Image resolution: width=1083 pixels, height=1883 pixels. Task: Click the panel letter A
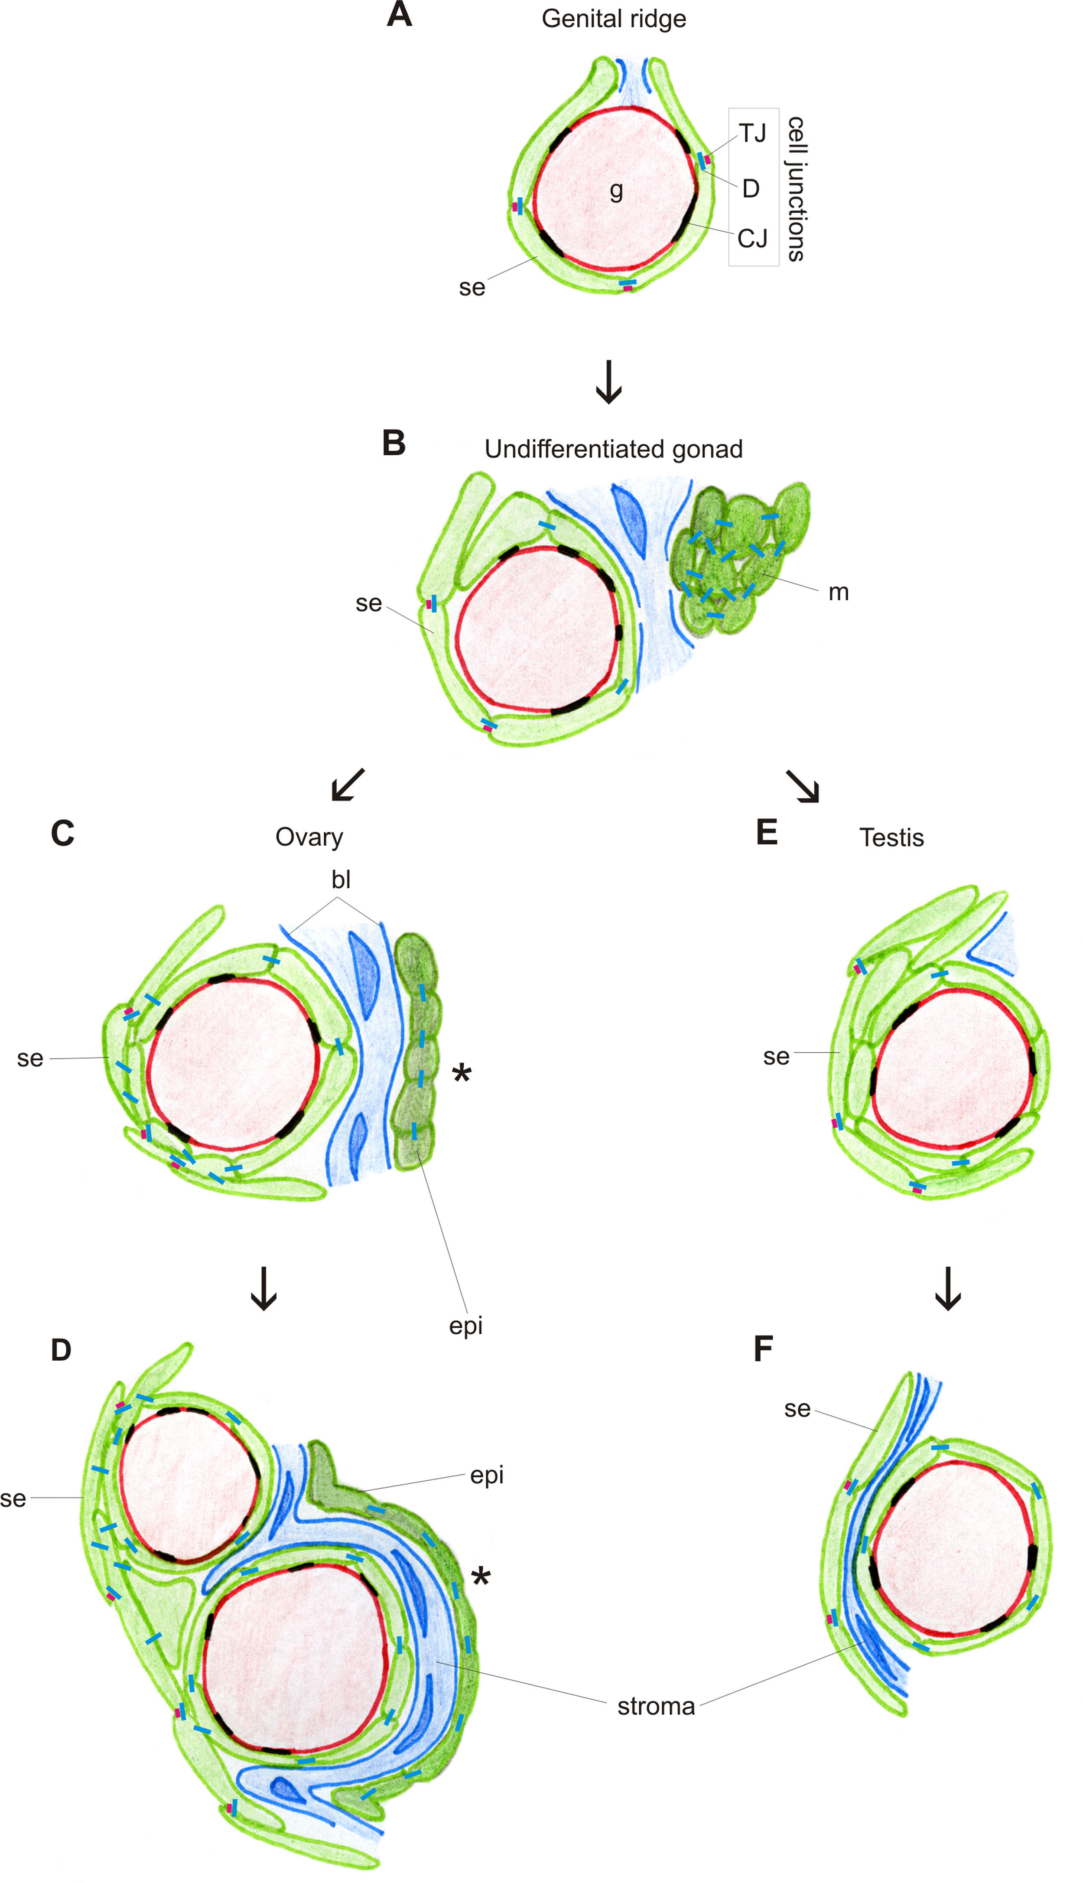(x=400, y=15)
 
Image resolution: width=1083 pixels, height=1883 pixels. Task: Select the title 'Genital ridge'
(x=614, y=19)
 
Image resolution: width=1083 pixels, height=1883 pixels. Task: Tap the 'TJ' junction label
(x=752, y=133)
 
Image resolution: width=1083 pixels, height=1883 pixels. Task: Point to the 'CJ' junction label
(x=752, y=239)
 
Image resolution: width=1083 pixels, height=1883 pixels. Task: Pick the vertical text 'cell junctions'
(x=796, y=188)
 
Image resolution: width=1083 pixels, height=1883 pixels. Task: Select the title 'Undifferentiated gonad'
(x=614, y=450)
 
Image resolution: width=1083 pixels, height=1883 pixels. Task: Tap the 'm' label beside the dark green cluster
(x=838, y=592)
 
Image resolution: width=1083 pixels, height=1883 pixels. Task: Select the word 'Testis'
(x=891, y=838)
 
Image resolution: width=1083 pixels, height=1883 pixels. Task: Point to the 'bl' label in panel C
(x=341, y=880)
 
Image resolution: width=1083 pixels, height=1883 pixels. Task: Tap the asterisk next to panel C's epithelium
(x=462, y=1074)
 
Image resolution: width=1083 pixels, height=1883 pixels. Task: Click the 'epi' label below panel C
(x=465, y=1326)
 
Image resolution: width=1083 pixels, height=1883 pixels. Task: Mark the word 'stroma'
(x=656, y=1706)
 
